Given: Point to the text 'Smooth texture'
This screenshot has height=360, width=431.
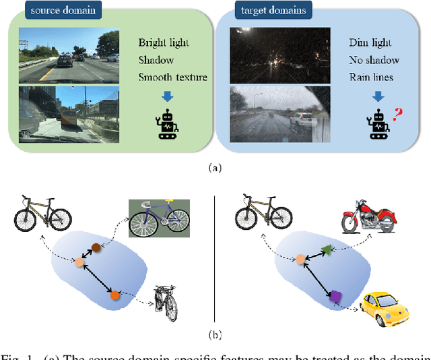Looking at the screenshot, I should pyautogui.click(x=173, y=77).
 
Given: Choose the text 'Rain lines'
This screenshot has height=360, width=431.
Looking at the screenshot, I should pyautogui.click(x=374, y=77).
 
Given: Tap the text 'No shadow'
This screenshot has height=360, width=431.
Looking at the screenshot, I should pyautogui.click(x=374, y=59).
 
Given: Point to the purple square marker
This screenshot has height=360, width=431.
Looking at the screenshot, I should pyautogui.click(x=334, y=295).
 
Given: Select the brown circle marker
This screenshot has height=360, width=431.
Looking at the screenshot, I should pyautogui.click(x=96, y=247).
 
